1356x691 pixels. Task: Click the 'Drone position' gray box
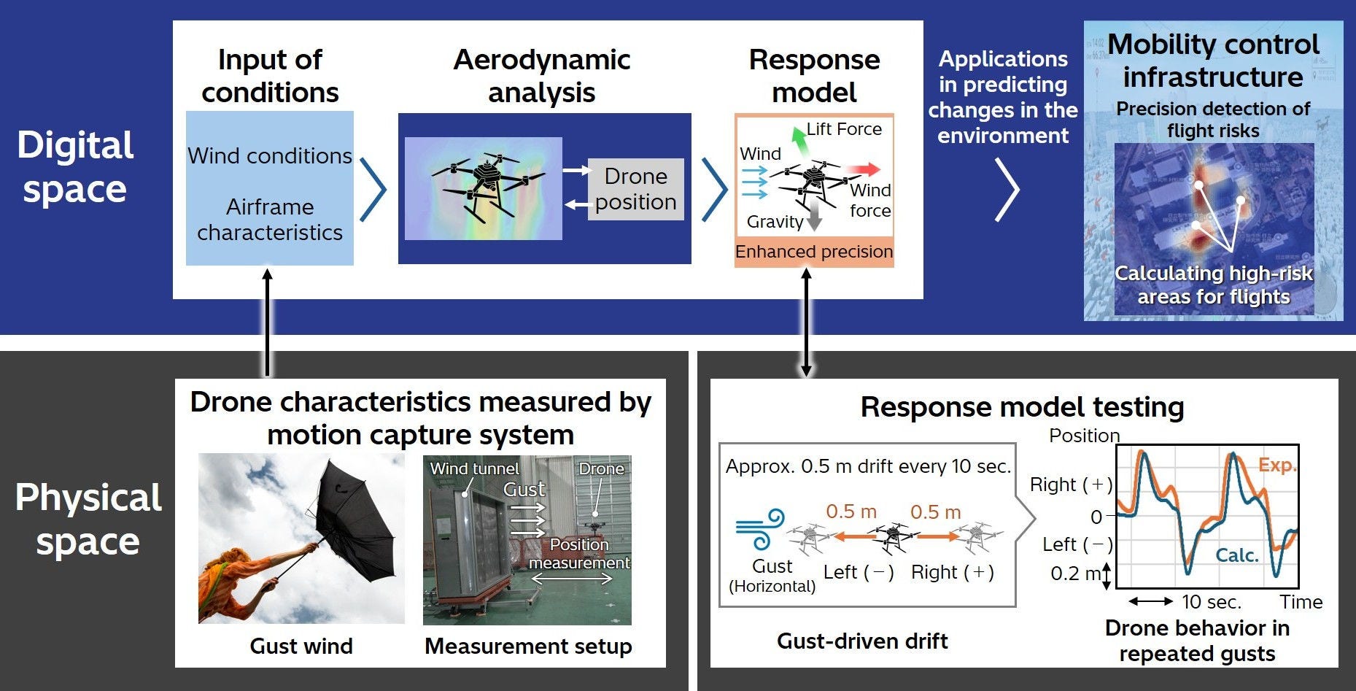coord(635,189)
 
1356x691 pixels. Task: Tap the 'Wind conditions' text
coord(270,156)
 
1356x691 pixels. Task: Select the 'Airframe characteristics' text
coord(270,220)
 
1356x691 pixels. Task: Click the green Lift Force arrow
coord(799,141)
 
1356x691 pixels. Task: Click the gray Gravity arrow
coord(814,217)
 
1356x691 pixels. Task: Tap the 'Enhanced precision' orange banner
coord(814,252)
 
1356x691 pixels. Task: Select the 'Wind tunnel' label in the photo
coord(474,468)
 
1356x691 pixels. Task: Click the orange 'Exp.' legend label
coord(1276,465)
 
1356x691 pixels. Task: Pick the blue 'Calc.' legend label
coord(1237,555)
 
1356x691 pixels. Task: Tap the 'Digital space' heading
coord(75,167)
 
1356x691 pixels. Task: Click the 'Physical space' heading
coord(88,519)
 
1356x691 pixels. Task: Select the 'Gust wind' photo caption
coord(301,646)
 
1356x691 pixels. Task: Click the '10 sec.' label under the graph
coord(1211,602)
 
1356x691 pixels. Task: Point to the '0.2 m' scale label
coord(1075,574)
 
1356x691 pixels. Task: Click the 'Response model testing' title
coord(1022,407)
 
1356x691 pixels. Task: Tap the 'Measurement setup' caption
coord(528,646)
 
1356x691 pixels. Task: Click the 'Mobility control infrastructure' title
coord(1213,61)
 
